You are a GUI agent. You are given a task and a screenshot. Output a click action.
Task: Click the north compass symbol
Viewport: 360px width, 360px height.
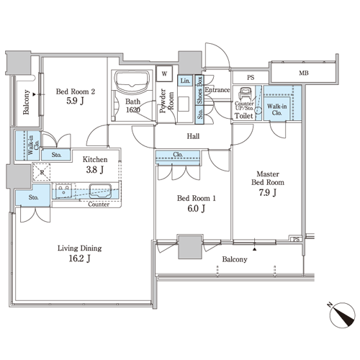(342, 315)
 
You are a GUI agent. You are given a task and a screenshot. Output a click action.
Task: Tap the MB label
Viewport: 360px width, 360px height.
(304, 73)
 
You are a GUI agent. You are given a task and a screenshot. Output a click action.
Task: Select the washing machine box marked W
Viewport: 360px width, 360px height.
(164, 73)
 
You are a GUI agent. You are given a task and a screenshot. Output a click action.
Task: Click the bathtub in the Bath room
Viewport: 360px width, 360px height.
(132, 81)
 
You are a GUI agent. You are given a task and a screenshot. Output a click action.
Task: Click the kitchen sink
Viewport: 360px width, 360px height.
(100, 191)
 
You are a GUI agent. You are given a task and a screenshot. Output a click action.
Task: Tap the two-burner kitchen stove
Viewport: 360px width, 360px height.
(63, 191)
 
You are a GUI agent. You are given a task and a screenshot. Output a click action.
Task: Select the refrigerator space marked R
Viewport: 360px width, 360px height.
(42, 172)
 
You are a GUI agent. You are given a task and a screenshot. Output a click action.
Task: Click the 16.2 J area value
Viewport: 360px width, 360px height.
(79, 258)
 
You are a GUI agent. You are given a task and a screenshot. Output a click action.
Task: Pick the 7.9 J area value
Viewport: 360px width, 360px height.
(268, 192)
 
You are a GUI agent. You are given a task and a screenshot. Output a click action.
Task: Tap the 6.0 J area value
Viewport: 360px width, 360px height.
(197, 209)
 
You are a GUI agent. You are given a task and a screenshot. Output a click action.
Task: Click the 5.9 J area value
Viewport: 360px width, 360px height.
(75, 101)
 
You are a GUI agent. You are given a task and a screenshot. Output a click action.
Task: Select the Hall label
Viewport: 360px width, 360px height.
(193, 136)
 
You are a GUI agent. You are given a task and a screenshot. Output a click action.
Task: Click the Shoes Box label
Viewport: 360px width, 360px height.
(199, 90)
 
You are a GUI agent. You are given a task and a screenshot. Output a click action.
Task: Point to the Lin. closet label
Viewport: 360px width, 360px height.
(185, 81)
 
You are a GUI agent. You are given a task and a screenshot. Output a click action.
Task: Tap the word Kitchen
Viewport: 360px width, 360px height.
(95, 159)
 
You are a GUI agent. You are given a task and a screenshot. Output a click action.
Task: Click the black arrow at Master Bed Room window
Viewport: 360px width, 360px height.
(254, 249)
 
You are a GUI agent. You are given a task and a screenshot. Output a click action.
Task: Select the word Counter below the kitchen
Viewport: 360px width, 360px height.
(99, 204)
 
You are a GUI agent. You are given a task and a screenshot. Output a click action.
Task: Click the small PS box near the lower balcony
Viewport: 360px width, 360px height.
(296, 239)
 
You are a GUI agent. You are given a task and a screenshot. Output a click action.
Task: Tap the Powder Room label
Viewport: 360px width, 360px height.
(166, 101)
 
